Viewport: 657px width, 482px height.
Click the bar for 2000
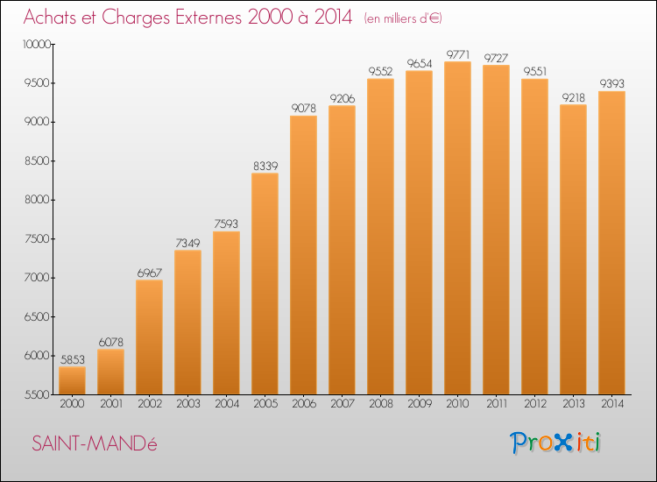click(72, 380)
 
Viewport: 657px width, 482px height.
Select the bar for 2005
click(265, 284)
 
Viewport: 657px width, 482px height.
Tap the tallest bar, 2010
click(457, 228)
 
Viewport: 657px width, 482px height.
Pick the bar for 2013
click(573, 250)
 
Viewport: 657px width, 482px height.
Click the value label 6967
click(150, 273)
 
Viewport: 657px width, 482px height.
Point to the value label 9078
click(304, 108)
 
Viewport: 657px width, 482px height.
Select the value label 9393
click(612, 84)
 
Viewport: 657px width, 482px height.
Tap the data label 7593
click(226, 223)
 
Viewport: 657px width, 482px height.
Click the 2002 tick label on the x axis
click(150, 404)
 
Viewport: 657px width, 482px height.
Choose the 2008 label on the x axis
click(381, 404)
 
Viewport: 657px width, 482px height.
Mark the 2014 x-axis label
click(612, 404)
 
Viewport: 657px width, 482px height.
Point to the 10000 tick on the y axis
click(37, 45)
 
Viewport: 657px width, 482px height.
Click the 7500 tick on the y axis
click(38, 239)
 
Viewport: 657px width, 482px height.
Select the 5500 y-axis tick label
click(38, 395)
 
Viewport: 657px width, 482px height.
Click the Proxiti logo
click(555, 443)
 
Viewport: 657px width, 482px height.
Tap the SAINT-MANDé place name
click(95, 443)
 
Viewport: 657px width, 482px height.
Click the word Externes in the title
click(208, 17)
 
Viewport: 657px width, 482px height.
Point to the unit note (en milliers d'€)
click(403, 18)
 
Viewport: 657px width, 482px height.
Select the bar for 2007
click(342, 250)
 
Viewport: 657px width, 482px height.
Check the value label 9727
click(496, 58)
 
